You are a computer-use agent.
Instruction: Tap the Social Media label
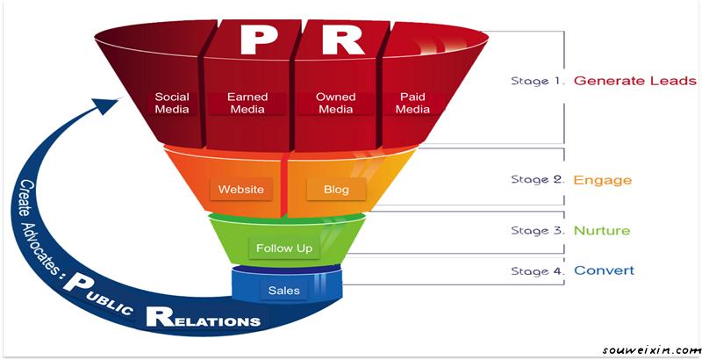click(172, 103)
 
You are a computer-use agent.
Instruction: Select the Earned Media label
click(247, 103)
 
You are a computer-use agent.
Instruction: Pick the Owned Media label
click(334, 103)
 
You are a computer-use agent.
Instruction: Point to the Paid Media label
click(412, 103)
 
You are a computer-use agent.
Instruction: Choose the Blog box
click(335, 189)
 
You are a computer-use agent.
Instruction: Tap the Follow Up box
click(283, 248)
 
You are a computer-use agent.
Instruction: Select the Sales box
click(283, 291)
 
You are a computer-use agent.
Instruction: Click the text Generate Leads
click(634, 81)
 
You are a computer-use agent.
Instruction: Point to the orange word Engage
click(602, 180)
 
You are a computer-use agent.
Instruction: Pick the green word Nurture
click(602, 231)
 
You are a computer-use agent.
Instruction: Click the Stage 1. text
click(538, 81)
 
